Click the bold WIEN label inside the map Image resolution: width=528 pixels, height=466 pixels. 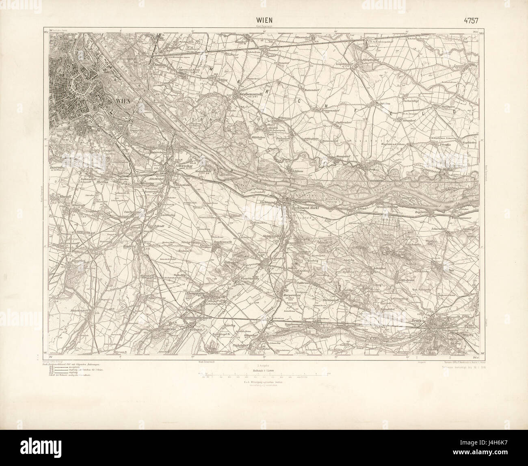(x=124, y=101)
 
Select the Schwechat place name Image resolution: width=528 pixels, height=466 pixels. (x=175, y=166)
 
